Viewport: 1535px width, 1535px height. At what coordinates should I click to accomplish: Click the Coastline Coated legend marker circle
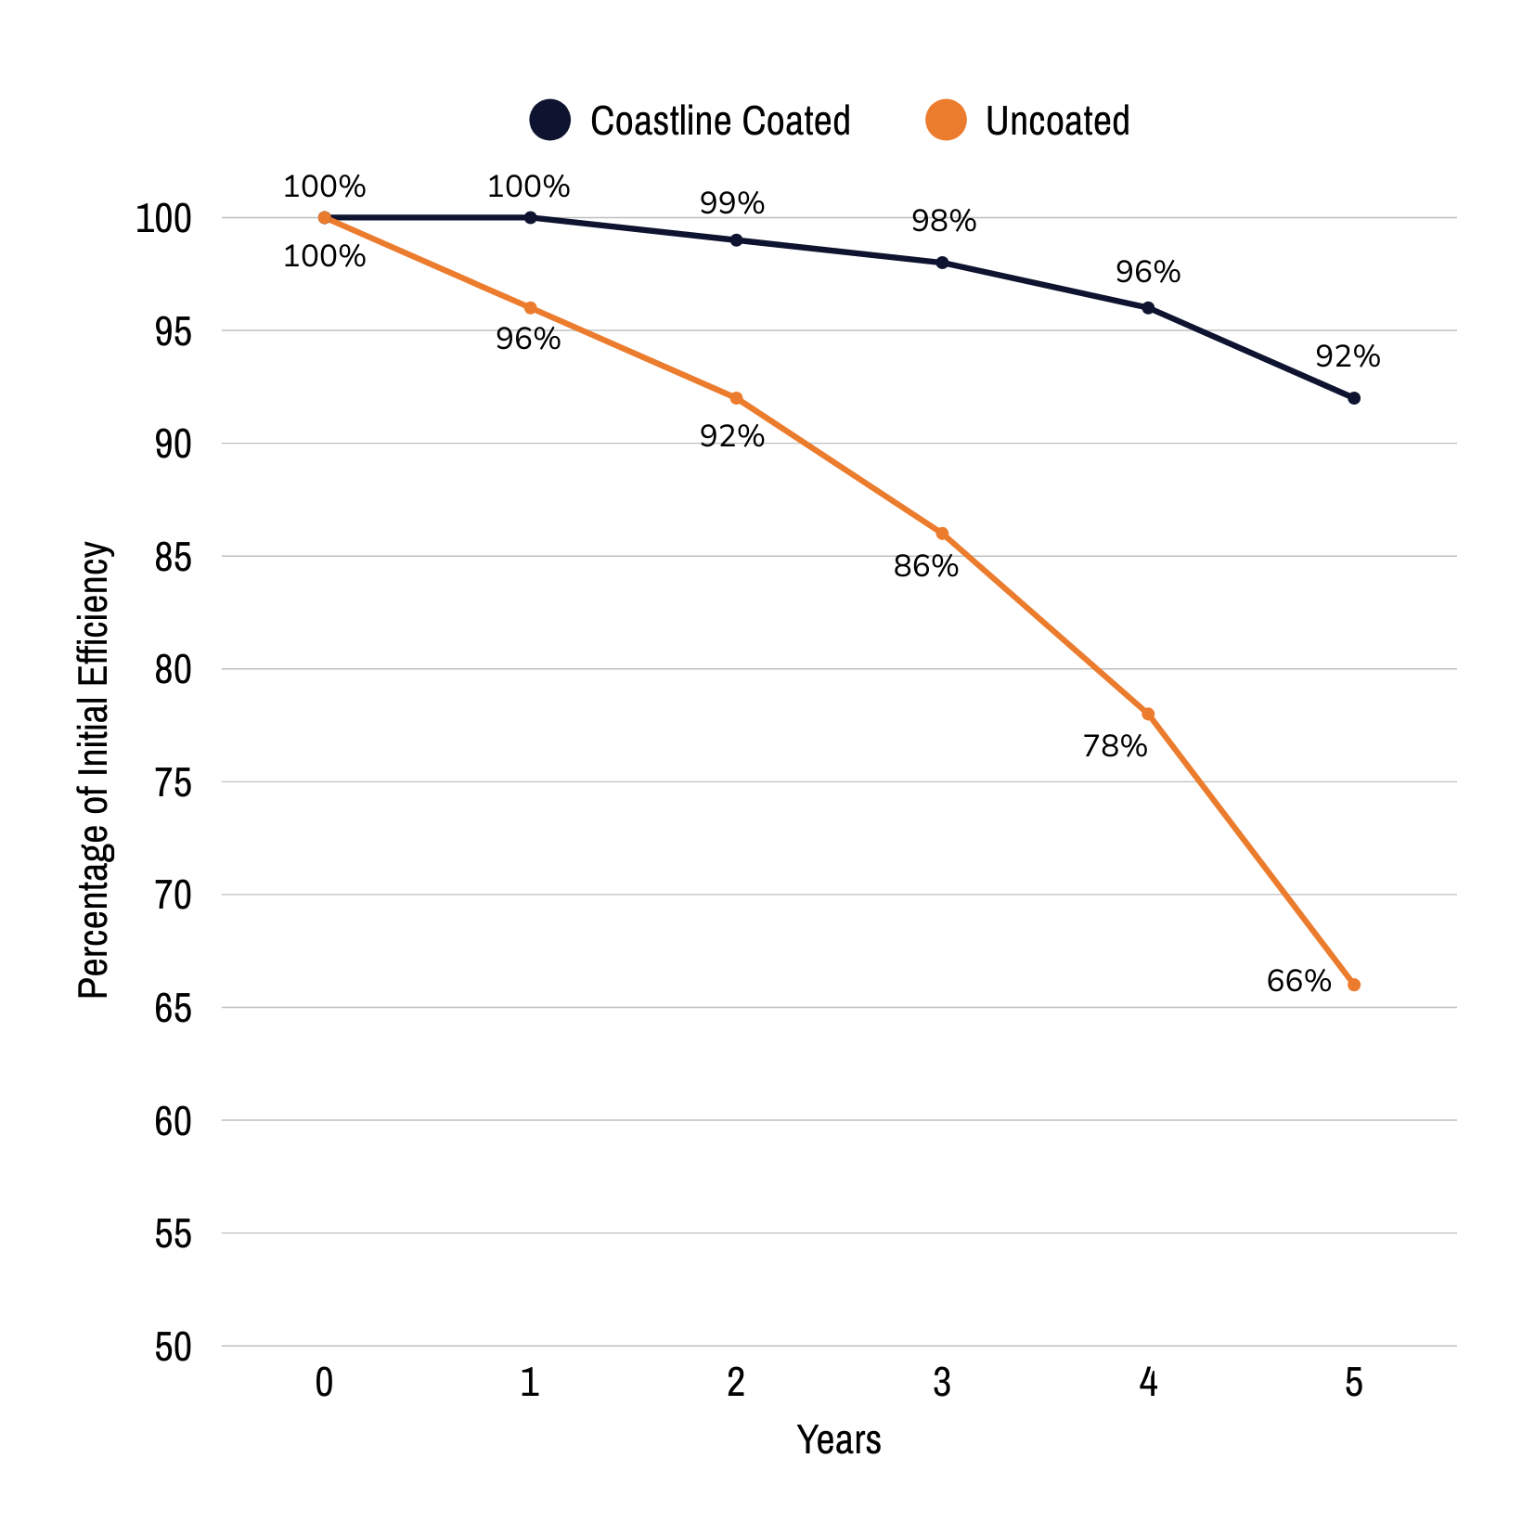(549, 121)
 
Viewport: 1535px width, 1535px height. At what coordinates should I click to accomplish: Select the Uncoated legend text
(1057, 122)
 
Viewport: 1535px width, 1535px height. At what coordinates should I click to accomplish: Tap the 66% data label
(1298, 981)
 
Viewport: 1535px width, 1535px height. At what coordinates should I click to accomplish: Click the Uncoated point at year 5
(1353, 985)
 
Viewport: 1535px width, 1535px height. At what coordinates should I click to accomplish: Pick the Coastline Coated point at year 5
(1353, 398)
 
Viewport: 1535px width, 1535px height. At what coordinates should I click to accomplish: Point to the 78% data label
(1115, 746)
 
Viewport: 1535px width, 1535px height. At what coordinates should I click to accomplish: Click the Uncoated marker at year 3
(942, 534)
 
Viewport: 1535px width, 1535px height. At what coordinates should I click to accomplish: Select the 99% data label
(731, 203)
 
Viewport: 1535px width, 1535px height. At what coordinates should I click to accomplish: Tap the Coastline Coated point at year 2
(736, 240)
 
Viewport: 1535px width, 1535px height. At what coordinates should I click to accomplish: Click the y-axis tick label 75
(174, 783)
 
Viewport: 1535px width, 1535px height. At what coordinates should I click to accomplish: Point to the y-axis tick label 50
(174, 1348)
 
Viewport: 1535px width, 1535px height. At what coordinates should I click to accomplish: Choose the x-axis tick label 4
(1148, 1383)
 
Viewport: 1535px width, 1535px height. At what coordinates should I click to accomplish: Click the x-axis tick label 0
(324, 1383)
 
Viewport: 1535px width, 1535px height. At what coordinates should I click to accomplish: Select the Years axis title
(839, 1440)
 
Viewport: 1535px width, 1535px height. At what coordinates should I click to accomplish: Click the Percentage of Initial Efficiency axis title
(94, 770)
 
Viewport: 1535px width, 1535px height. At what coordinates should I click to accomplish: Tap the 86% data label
(925, 566)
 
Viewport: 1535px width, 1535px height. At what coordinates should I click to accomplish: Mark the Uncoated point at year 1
(530, 308)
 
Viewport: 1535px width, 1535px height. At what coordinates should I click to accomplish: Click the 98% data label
(943, 221)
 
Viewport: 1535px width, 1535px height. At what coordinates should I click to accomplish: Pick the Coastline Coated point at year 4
(1148, 308)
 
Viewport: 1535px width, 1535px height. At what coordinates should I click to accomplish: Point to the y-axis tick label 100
(163, 220)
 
